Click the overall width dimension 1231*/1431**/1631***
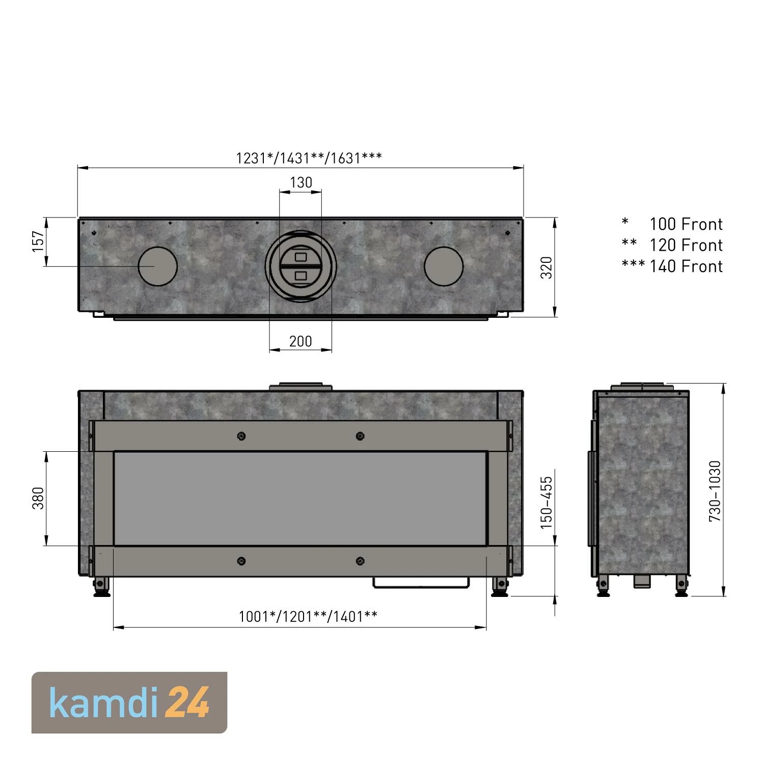309,158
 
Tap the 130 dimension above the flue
301,182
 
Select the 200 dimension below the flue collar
301,341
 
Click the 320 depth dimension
547,267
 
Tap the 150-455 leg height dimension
547,503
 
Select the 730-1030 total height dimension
715,490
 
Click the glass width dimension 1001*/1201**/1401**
308,617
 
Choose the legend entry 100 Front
686,224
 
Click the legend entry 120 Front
686,245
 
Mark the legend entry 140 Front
686,266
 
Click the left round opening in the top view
158,266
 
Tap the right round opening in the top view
444,266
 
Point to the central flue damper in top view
301,265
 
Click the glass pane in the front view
301,498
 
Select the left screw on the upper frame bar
241,436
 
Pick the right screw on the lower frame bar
360,561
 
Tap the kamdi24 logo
129,703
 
